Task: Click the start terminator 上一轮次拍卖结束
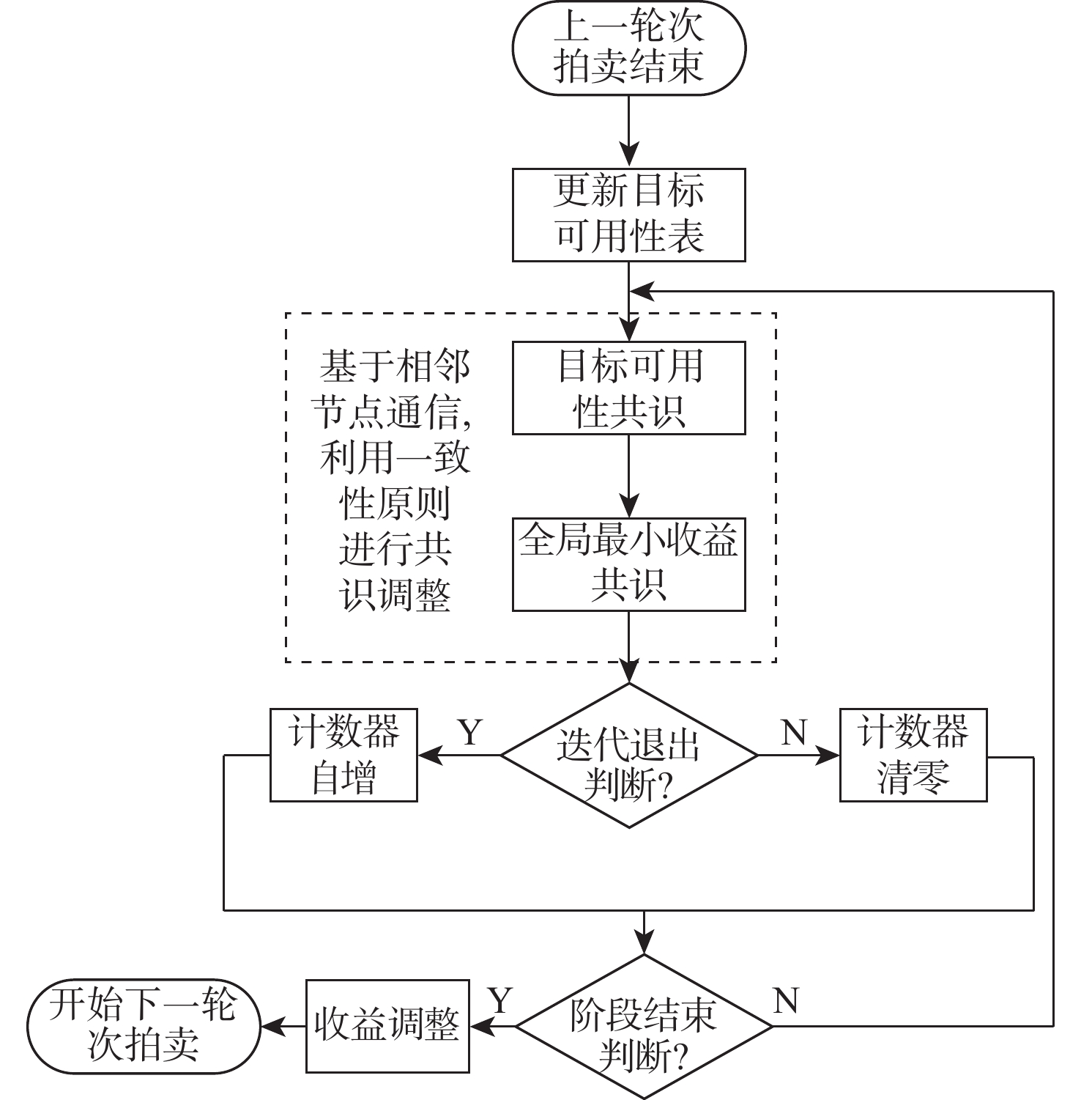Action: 628,48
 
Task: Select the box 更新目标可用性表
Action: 628,215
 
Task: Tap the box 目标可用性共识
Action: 628,388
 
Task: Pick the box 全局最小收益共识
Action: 628,564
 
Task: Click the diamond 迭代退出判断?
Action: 628,756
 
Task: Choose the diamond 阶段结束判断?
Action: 644,1026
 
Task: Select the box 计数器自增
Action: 343,755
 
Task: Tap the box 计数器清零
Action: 913,755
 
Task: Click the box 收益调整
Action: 387,1026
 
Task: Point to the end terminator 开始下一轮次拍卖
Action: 144,1026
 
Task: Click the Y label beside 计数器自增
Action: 469,732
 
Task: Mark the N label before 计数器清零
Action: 794,732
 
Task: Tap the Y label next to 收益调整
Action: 500,1000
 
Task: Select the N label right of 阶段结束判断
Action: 785,1000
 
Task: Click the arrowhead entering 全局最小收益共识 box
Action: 628,506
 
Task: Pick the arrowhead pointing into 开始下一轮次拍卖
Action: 272,1026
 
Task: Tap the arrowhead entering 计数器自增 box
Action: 429,755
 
